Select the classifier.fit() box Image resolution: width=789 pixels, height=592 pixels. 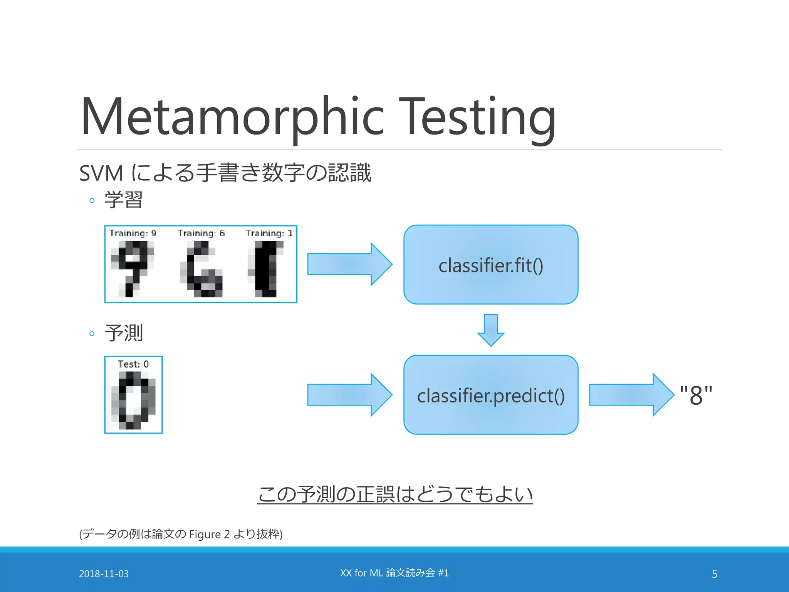[490, 265]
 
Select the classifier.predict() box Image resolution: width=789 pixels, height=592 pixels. [490, 395]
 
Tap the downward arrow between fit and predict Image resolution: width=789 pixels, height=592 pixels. [490, 330]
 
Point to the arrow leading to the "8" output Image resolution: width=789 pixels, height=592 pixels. [631, 395]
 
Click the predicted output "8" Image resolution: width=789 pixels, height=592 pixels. [696, 395]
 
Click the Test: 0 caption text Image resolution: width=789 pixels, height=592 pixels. [133, 364]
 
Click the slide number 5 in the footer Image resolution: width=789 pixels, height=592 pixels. [714, 574]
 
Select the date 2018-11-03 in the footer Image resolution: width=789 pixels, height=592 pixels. [104, 574]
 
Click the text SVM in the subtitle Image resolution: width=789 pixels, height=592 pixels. [101, 173]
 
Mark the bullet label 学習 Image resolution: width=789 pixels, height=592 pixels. [124, 200]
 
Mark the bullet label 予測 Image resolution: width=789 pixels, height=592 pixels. [124, 333]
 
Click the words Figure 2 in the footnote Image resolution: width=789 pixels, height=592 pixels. [209, 535]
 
